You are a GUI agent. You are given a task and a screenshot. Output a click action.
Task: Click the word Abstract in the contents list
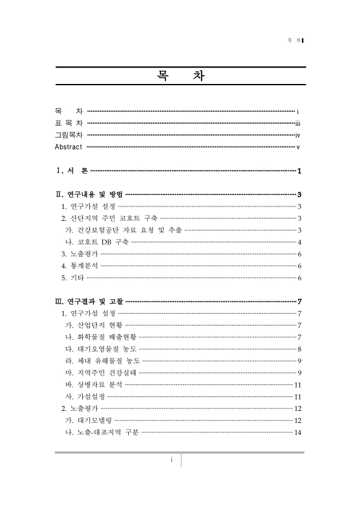coord(69,147)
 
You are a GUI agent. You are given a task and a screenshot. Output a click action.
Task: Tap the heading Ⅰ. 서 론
coord(72,171)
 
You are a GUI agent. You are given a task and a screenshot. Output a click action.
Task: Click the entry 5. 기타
coord(72,278)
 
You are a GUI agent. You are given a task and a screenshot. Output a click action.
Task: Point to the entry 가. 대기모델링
coord(88,420)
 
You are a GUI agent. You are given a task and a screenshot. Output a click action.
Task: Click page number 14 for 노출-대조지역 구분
coord(297,432)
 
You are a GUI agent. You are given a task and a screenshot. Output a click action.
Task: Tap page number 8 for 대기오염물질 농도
coord(299,349)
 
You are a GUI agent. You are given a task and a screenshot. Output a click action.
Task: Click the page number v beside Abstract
coord(297,147)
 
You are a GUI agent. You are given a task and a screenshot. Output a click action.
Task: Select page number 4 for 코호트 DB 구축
coord(299,242)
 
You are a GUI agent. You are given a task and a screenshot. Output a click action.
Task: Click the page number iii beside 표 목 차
coord(297,123)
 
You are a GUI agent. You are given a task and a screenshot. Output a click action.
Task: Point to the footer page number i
coord(171,460)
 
